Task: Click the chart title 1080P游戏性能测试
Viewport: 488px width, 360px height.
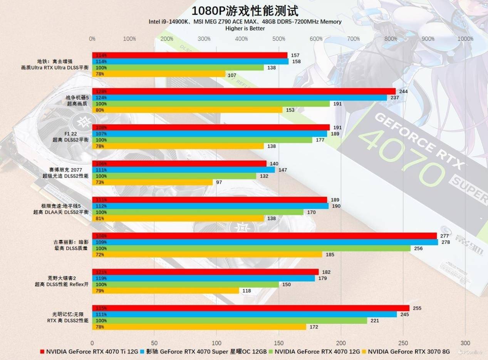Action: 245,10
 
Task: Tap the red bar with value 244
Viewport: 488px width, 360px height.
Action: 243,91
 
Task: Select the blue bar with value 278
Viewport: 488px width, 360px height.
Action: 265,242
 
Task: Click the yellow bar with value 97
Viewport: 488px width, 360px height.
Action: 152,182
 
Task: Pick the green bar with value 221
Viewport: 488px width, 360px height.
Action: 229,321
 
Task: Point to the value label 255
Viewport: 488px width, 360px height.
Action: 416,308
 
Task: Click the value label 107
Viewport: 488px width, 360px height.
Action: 232,75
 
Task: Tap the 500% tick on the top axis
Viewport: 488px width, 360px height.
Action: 278,39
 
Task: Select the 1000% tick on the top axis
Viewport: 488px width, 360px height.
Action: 465,39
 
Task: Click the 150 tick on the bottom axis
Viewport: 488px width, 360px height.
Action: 278,343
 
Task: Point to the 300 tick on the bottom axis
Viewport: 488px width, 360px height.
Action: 465,343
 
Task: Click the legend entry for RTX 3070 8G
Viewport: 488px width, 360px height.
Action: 409,352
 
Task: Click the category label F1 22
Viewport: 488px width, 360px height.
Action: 71,134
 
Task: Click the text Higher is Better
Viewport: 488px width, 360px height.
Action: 245,28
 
